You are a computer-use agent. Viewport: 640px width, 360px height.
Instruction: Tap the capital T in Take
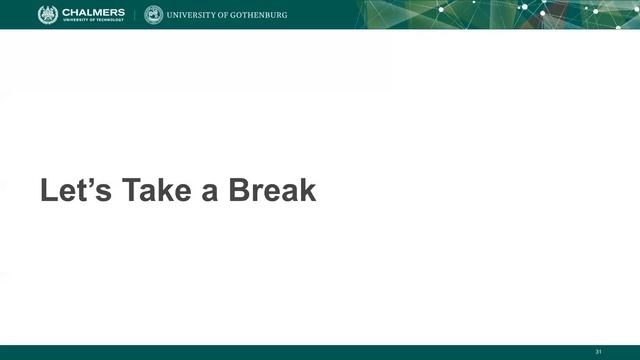coord(130,190)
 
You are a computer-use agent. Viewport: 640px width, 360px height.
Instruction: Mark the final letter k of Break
coord(306,190)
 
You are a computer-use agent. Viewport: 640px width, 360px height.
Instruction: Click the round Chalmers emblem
coord(48,14)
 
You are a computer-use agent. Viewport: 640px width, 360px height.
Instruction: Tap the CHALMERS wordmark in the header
coord(94,12)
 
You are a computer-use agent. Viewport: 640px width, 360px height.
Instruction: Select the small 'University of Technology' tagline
coord(94,21)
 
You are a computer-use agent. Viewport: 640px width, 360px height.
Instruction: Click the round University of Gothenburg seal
coord(153,15)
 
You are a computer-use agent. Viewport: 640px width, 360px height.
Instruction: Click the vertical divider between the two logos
coord(135,15)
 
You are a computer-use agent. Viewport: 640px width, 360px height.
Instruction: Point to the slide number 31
coord(598,351)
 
